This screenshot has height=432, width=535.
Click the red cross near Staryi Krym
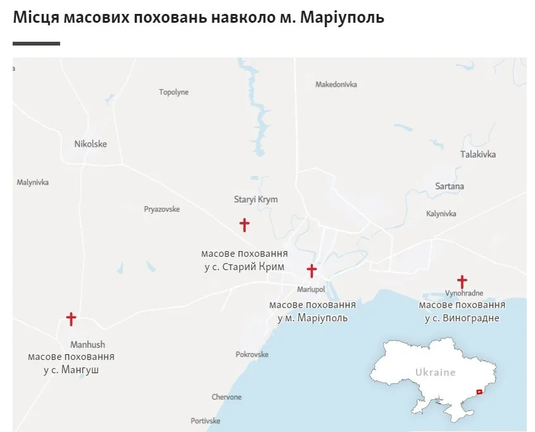(244, 225)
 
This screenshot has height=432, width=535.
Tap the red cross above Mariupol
(312, 271)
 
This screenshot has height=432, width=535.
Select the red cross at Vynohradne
(462, 281)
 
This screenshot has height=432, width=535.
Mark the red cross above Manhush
(71, 319)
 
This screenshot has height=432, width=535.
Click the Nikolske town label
(91, 144)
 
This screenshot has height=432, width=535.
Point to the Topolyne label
(173, 92)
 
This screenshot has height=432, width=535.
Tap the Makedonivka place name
(336, 84)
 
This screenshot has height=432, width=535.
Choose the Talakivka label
(478, 154)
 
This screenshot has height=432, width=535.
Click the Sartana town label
(450, 186)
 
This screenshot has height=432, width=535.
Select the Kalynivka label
(441, 214)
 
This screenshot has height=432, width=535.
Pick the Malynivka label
(33, 183)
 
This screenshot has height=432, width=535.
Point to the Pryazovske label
(162, 209)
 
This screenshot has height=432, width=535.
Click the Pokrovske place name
(252, 355)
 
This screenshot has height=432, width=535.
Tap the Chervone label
(227, 397)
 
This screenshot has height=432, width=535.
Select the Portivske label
(205, 421)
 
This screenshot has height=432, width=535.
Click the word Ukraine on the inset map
(435, 372)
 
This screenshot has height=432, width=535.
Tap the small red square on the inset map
(479, 393)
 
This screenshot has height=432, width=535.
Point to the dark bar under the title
(36, 44)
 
